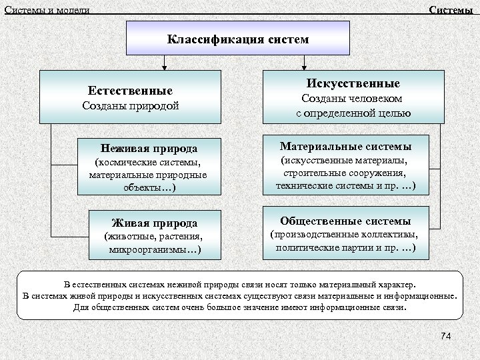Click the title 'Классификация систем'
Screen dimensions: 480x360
click(238, 39)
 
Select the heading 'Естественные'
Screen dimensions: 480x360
click(130, 91)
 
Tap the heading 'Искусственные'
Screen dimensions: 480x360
click(353, 84)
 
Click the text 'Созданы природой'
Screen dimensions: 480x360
click(130, 106)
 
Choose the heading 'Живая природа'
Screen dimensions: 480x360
click(154, 223)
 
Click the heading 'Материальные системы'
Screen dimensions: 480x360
click(345, 145)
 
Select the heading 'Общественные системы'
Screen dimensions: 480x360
click(345, 221)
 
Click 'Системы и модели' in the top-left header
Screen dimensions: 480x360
click(47, 10)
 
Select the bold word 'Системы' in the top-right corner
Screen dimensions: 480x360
click(451, 10)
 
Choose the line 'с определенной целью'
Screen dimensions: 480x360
click(353, 113)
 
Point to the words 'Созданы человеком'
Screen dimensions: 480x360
click(353, 99)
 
